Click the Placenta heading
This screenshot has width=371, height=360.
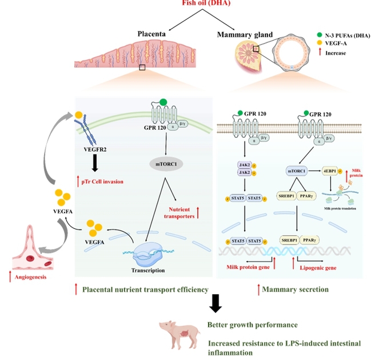point(151,34)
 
